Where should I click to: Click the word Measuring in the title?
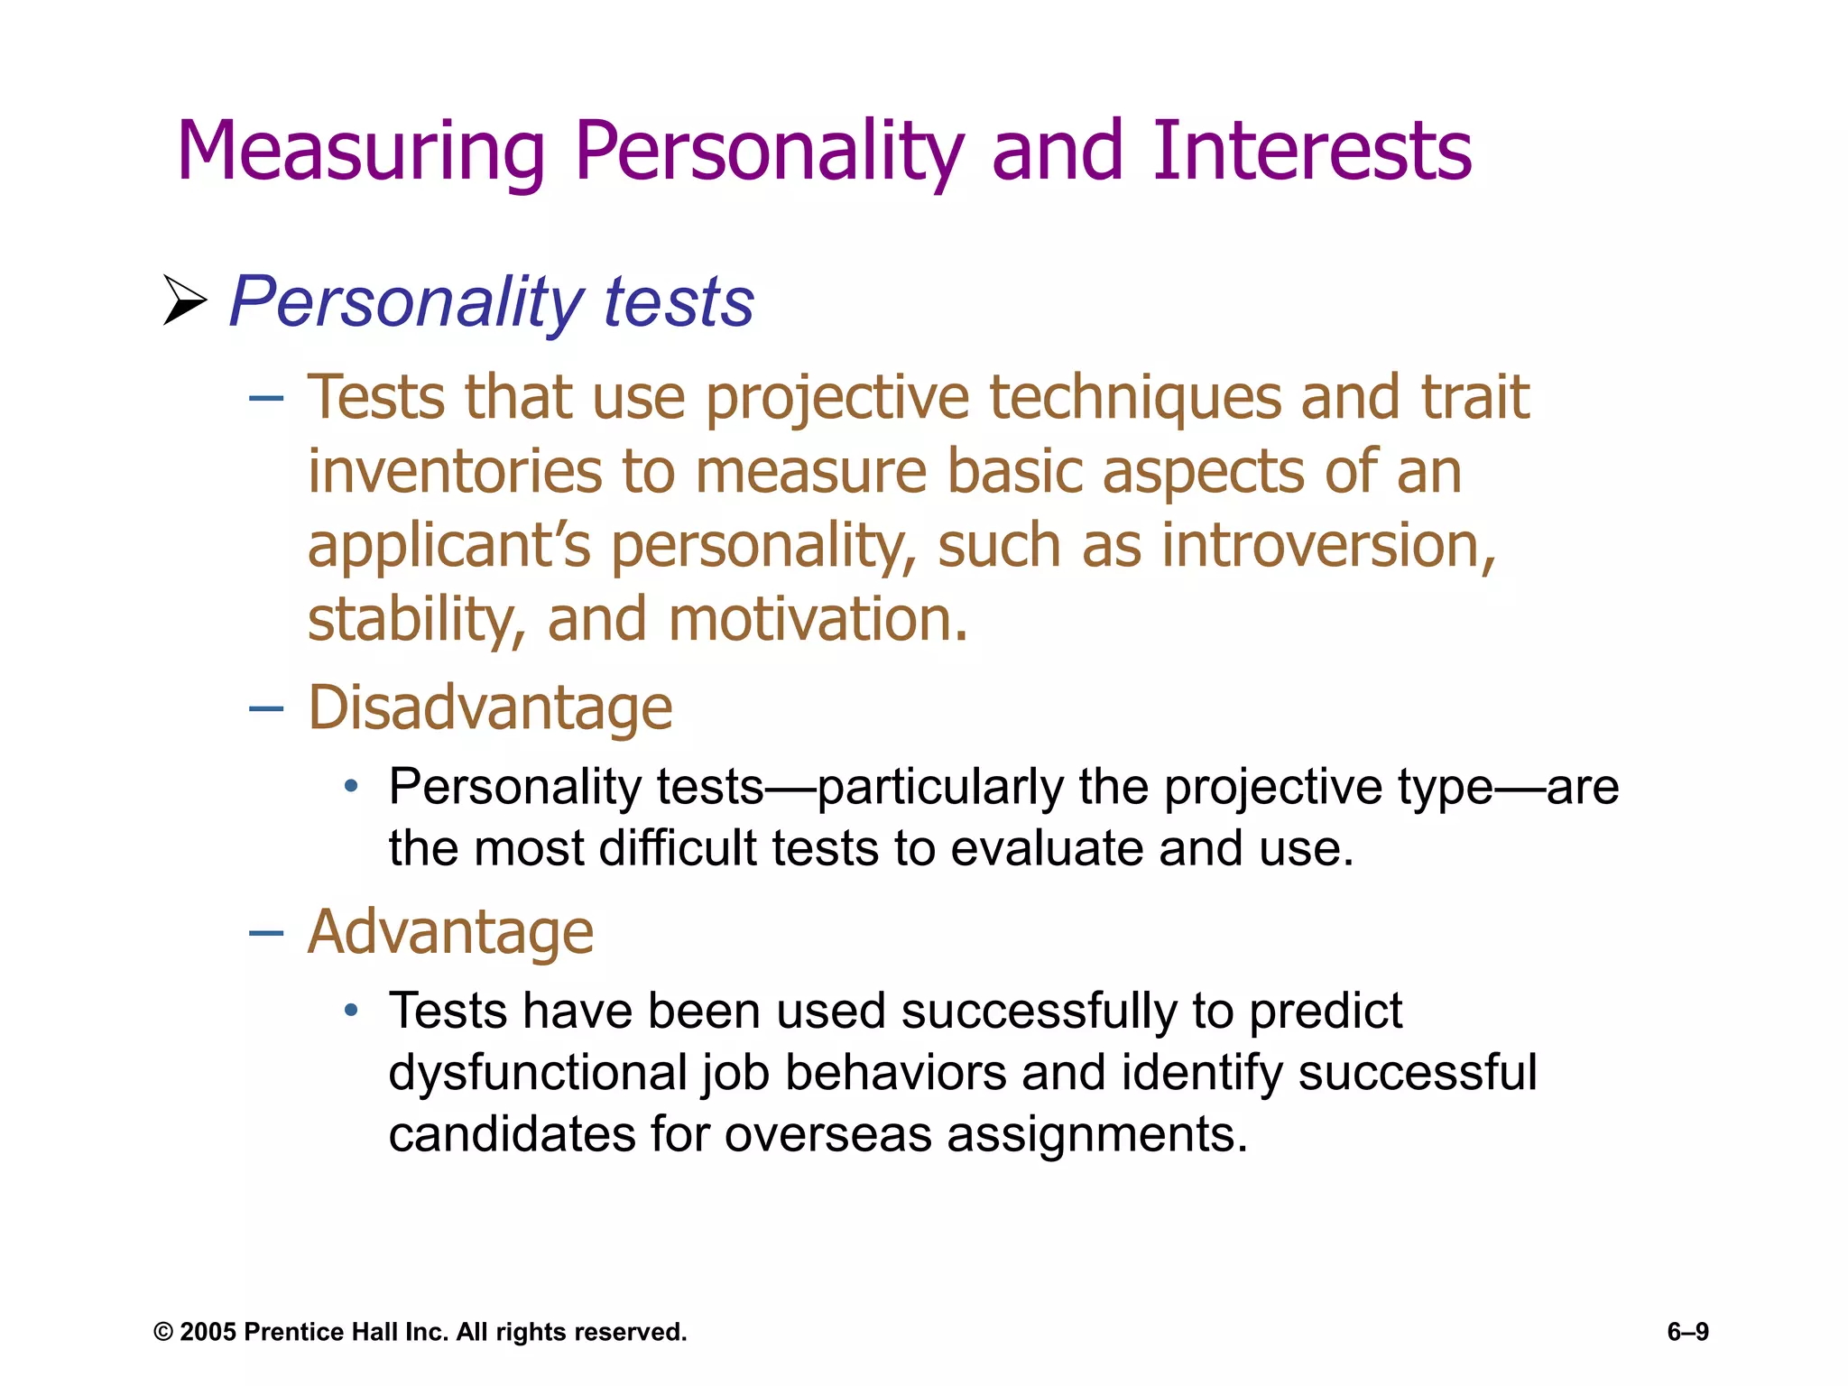[361, 152]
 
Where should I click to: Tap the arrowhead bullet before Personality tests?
[184, 300]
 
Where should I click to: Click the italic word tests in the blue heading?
[679, 301]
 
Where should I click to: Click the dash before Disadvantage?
[266, 709]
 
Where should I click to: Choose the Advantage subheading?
[450, 931]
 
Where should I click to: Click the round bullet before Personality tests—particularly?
[352, 787]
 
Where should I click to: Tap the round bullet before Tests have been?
[352, 1011]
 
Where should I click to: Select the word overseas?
[827, 1133]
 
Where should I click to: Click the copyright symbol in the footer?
[163, 1332]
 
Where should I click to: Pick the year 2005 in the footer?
[208, 1332]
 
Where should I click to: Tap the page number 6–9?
[1687, 1332]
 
